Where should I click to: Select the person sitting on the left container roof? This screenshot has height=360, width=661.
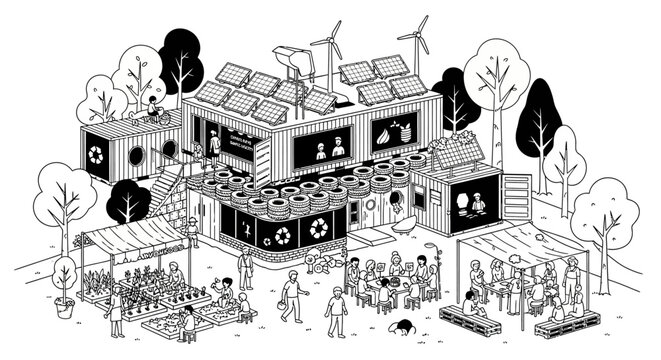[153, 107]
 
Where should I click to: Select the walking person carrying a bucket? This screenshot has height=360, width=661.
[290, 296]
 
